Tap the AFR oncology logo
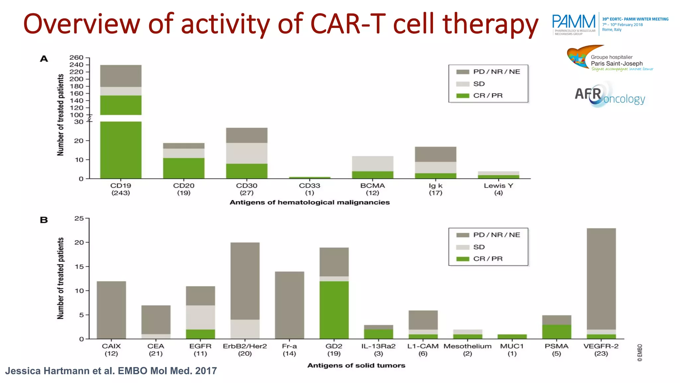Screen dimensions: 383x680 click(x=609, y=95)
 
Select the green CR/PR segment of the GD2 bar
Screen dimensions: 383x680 click(x=334, y=310)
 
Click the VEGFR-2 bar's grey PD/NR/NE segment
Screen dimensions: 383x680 click(x=601, y=279)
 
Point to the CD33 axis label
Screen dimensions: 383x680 click(x=309, y=189)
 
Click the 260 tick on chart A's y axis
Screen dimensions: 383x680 click(x=77, y=58)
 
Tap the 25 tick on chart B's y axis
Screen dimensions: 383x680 click(x=79, y=218)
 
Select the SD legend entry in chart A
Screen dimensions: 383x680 click(x=478, y=84)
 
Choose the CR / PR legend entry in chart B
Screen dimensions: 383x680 click(x=487, y=259)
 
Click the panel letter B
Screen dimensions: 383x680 click(x=44, y=220)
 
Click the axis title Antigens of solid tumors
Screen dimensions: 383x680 click(x=356, y=365)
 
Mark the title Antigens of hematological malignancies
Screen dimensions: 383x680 click(x=309, y=202)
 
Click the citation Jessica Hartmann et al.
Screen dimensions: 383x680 click(x=111, y=371)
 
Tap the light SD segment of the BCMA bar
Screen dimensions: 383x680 click(x=373, y=164)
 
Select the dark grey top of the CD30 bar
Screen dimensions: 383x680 click(x=247, y=135)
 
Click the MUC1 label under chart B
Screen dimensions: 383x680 click(x=512, y=349)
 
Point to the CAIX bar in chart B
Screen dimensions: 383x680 click(x=111, y=310)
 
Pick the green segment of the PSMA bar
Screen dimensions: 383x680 click(x=556, y=332)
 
